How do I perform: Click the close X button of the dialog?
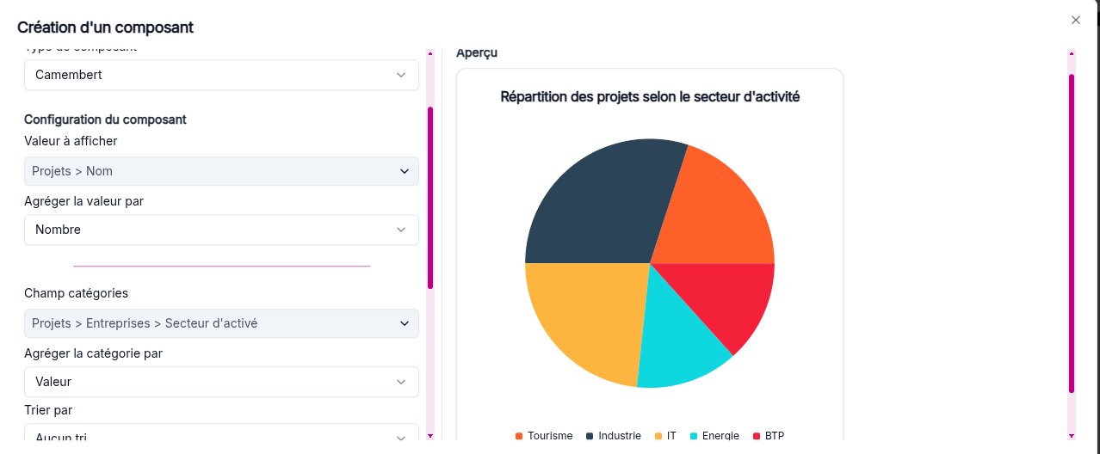pyautogui.click(x=1075, y=20)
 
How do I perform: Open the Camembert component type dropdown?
pyautogui.click(x=221, y=75)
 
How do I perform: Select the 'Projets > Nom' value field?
pyautogui.click(x=221, y=171)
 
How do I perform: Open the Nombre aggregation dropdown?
pyautogui.click(x=221, y=230)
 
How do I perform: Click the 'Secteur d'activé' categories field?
pyautogui.click(x=221, y=323)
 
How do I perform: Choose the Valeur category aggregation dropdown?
pyautogui.click(x=221, y=382)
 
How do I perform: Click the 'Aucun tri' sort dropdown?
pyautogui.click(x=221, y=437)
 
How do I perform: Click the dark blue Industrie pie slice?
pyautogui.click(x=594, y=206)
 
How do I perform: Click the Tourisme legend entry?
pyautogui.click(x=544, y=436)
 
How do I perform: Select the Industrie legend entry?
pyautogui.click(x=614, y=436)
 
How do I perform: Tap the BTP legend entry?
pyautogui.click(x=769, y=436)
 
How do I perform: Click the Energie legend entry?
pyautogui.click(x=714, y=436)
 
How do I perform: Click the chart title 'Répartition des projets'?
pyautogui.click(x=650, y=97)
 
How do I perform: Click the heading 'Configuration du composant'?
pyautogui.click(x=105, y=120)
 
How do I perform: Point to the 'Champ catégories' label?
pyautogui.click(x=76, y=293)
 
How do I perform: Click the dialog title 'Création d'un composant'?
pyautogui.click(x=105, y=28)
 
